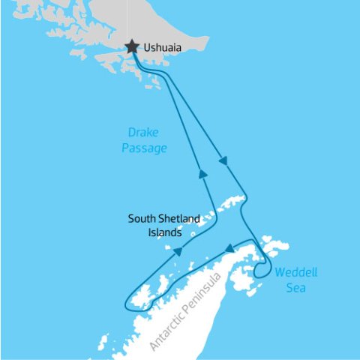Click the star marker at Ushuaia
pos(132,47)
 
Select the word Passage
pos(144,149)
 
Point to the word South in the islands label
pos(141,219)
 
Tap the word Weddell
pos(292,273)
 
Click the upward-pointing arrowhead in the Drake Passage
pos(202,173)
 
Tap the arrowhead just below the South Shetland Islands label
pos(178,252)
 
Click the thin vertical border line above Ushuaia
pos(127,19)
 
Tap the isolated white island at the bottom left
pos(102,343)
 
